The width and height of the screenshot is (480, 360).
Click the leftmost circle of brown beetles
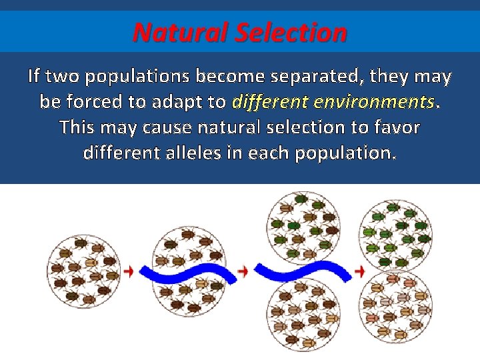[x=82, y=271]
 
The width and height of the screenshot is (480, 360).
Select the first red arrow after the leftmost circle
[x=129, y=271]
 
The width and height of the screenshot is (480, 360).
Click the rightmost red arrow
[x=360, y=271]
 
